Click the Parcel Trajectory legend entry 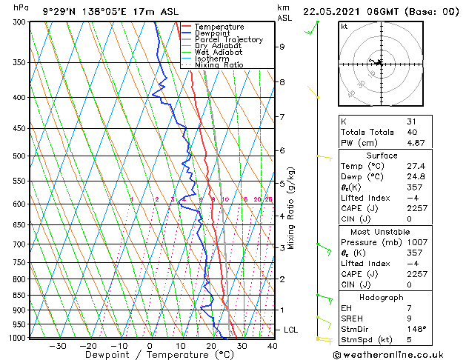228,39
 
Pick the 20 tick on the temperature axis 211,346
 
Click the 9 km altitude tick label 282,47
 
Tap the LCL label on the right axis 293,330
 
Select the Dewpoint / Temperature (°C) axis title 149,355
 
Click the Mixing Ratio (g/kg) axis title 291,208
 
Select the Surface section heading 381,156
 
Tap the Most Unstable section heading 381,231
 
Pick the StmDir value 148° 416,329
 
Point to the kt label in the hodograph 344,26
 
